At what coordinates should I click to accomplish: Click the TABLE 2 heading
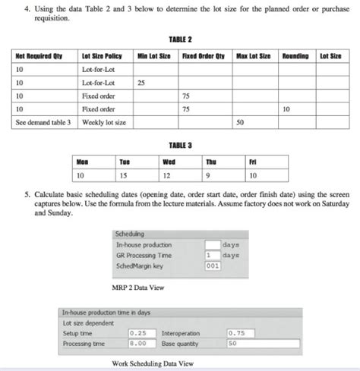[180, 38]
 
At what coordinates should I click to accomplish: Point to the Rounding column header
[296, 56]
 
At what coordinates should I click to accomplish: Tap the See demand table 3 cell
[43, 121]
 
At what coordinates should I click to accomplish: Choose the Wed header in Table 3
[169, 162]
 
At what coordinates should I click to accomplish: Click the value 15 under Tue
[124, 175]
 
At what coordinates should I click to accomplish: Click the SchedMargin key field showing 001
[213, 266]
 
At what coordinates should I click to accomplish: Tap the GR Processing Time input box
[213, 255]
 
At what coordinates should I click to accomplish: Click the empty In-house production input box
[213, 244]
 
